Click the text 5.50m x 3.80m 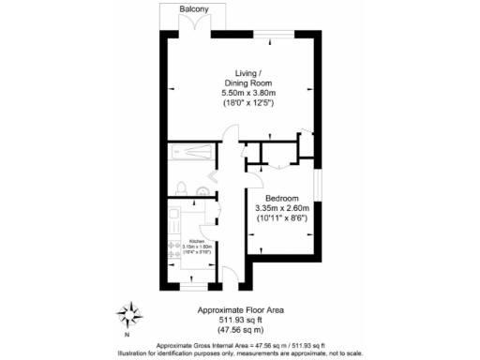tap(247, 94)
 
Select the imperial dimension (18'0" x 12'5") tap(247, 103)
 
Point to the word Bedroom tap(281, 199)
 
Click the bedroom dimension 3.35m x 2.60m tap(281, 208)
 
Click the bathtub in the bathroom tap(187, 153)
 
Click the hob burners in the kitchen tap(174, 249)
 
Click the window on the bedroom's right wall tap(317, 185)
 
